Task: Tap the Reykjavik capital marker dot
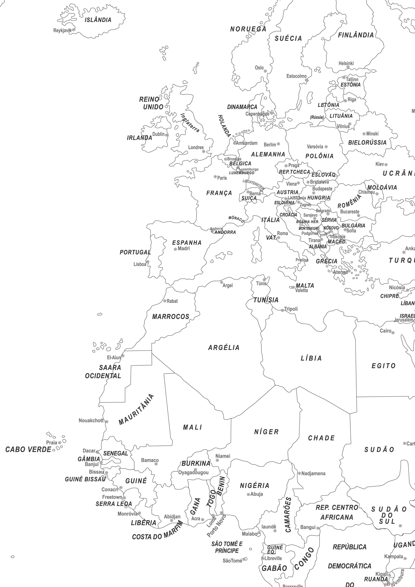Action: pyautogui.click(x=74, y=30)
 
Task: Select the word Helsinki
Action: pyautogui.click(x=346, y=63)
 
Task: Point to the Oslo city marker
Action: pyautogui.click(x=265, y=71)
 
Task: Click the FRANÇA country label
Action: pyautogui.click(x=219, y=193)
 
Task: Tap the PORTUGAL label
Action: pyautogui.click(x=135, y=252)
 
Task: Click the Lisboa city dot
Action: pyautogui.click(x=148, y=262)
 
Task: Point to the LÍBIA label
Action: pyautogui.click(x=311, y=358)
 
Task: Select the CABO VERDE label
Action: pyautogui.click(x=28, y=449)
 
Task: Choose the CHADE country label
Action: pyautogui.click(x=321, y=438)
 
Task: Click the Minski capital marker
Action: pyautogui.click(x=364, y=134)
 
